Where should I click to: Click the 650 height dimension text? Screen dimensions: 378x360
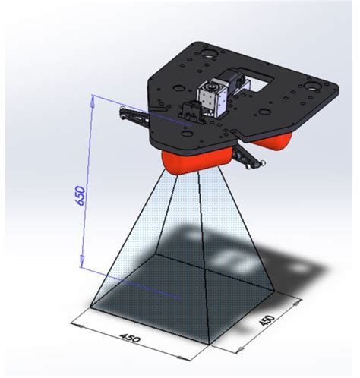[81, 200]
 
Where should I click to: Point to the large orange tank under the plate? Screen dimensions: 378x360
[194, 160]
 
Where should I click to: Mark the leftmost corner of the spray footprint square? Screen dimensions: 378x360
[90, 308]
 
